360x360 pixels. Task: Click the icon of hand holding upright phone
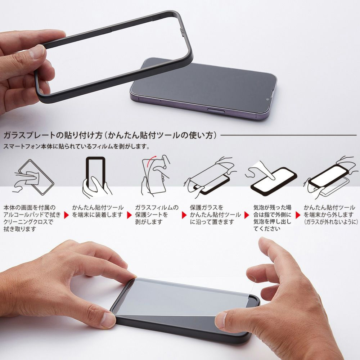95,176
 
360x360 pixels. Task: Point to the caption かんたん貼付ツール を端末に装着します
98,211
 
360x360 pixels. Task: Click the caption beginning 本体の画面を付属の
30,218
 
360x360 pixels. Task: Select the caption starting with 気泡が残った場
272,218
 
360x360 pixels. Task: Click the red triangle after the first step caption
66,215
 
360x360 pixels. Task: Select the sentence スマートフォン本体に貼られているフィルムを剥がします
76,147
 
